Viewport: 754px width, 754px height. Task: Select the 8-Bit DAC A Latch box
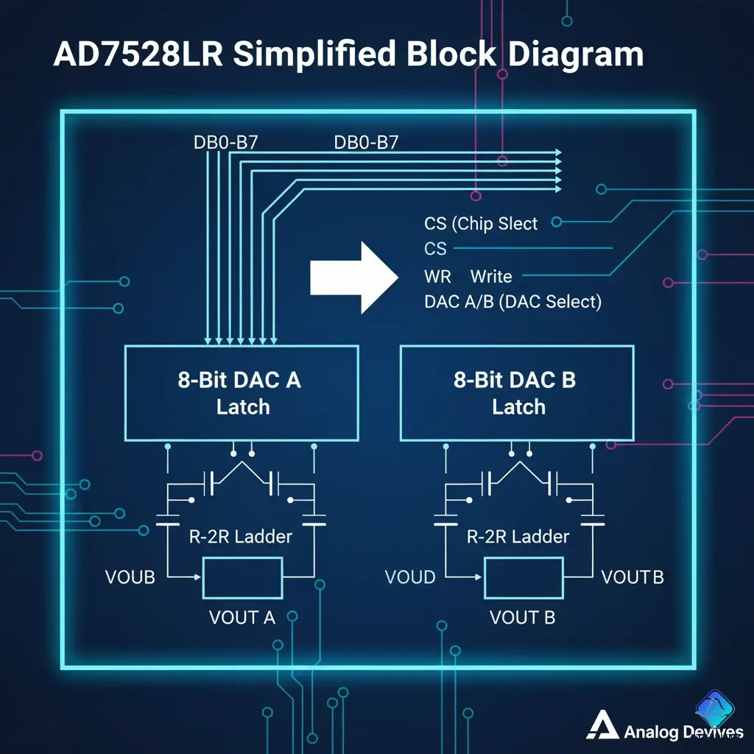tap(242, 393)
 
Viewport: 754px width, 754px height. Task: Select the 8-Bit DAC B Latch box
tap(518, 393)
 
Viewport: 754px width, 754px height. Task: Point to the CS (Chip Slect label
tap(481, 223)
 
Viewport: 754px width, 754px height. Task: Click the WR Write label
tap(468, 277)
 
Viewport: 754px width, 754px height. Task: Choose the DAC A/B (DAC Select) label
tap(512, 302)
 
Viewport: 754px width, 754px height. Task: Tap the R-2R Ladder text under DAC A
tap(241, 536)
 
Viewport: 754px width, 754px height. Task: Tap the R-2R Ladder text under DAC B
tap(518, 536)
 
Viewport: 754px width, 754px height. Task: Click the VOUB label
tap(130, 577)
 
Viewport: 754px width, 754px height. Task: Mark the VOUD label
tap(410, 577)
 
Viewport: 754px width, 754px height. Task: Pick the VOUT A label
tap(242, 617)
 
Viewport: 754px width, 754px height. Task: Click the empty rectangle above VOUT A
tap(242, 578)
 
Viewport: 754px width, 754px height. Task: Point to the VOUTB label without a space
tap(633, 577)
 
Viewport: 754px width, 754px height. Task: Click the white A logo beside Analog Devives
tap(602, 727)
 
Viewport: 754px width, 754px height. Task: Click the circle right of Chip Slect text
tap(556, 222)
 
